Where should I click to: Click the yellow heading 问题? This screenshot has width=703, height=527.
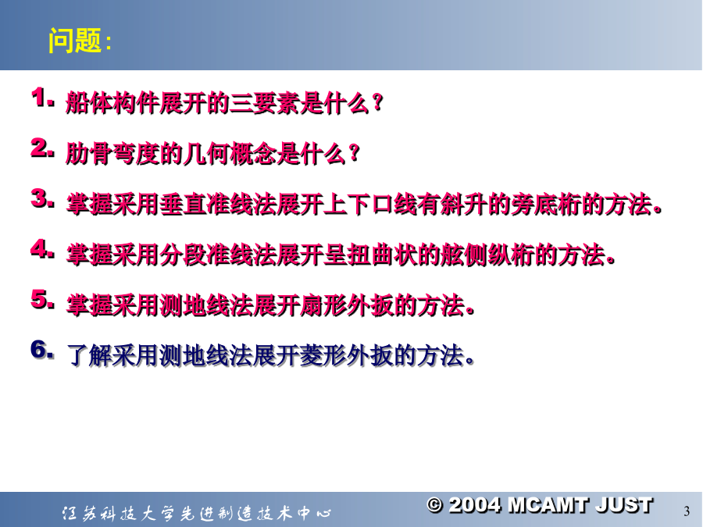click(75, 41)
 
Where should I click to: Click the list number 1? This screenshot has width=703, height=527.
click(41, 98)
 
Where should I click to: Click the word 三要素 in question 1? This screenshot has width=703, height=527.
click(265, 103)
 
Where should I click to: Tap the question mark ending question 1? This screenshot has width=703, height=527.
click(377, 103)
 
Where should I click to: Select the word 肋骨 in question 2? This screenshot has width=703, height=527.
click(89, 154)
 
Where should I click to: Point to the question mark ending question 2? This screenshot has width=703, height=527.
click(354, 154)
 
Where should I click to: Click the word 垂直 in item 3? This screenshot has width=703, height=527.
click(183, 205)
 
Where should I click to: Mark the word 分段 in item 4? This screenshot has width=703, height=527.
click(183, 255)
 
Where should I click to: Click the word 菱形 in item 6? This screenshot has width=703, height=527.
click(323, 356)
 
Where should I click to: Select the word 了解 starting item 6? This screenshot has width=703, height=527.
click(89, 356)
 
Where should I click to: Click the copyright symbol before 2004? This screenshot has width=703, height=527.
click(434, 505)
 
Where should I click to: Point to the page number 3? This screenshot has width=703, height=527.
click(687, 511)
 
